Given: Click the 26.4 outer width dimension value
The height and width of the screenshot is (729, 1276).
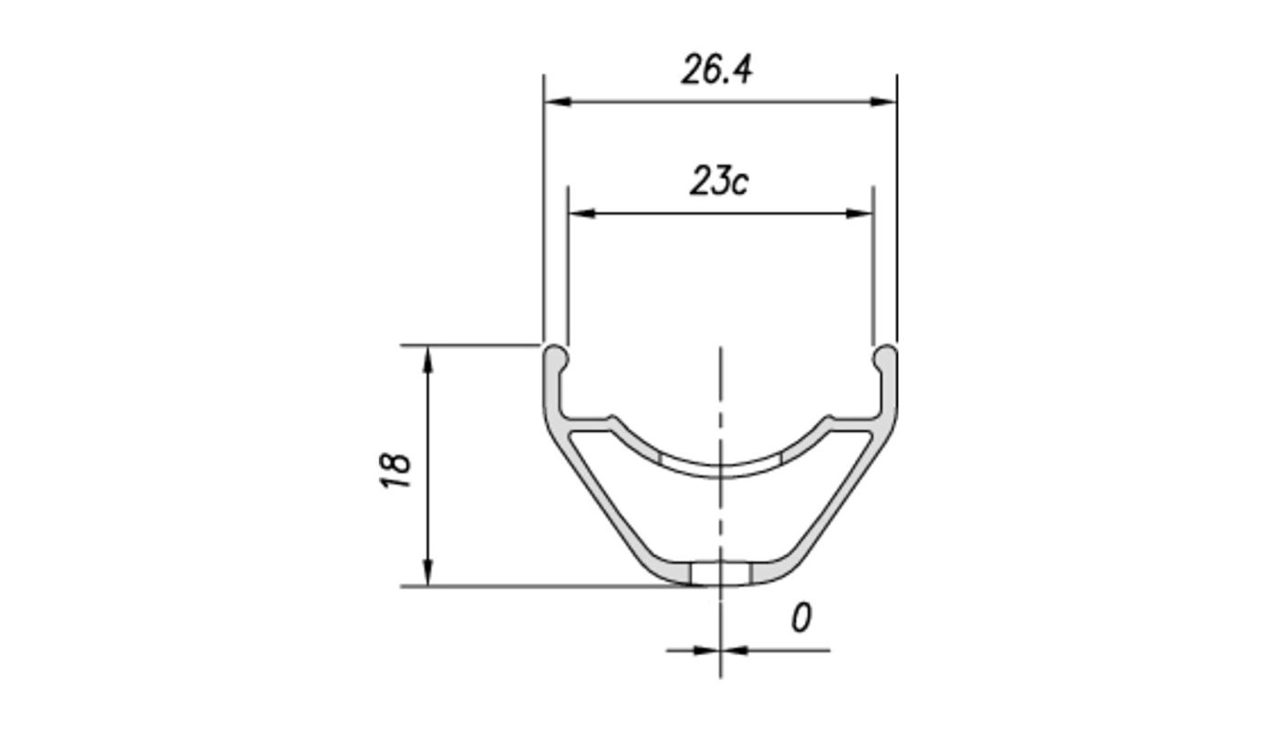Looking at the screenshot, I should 717,70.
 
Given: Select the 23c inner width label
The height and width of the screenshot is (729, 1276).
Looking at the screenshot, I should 718,181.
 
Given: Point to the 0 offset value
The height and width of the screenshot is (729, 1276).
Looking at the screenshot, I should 800,619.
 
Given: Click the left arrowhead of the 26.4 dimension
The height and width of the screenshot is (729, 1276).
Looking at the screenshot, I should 557,102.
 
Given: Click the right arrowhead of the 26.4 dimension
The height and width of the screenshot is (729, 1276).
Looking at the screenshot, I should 883,102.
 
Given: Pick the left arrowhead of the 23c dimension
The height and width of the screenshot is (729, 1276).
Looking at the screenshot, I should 581,214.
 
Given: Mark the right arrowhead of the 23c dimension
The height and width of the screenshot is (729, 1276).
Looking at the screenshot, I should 859,214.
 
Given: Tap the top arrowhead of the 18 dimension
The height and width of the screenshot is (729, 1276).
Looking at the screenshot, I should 428,360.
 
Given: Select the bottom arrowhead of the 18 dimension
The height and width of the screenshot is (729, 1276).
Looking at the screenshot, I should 428,572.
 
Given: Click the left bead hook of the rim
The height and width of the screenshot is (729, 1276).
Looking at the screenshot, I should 555,358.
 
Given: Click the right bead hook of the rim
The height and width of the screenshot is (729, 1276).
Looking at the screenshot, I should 885,358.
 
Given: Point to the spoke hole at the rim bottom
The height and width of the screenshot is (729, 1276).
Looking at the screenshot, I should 720,574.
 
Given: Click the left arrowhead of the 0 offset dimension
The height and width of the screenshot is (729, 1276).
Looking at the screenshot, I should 706,651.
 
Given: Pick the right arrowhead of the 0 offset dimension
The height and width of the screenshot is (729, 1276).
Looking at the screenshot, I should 735,651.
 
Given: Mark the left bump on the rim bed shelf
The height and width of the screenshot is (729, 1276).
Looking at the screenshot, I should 612,421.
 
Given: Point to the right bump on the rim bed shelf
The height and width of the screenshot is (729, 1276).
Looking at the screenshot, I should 828,421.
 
